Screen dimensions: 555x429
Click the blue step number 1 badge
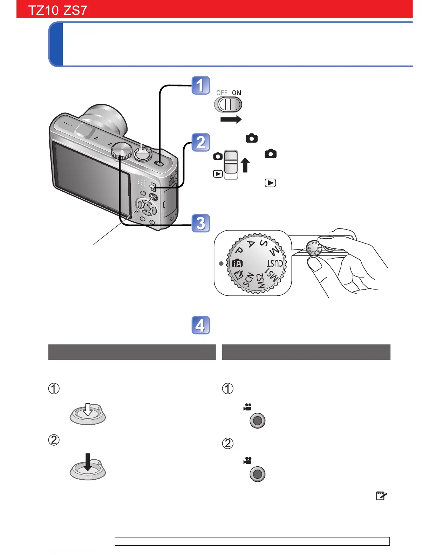pyautogui.click(x=200, y=85)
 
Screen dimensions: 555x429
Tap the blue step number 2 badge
pyautogui.click(x=200, y=143)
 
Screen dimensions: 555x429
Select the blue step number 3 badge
pyautogui.click(x=200, y=223)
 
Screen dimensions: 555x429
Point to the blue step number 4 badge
pyautogui.click(x=200, y=326)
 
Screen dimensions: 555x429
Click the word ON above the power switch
pyautogui.click(x=237, y=93)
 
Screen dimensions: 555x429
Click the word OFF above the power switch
pyautogui.click(x=222, y=93)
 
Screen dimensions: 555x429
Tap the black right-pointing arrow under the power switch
pyautogui.click(x=231, y=119)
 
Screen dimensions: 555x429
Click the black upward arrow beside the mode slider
pyautogui.click(x=245, y=165)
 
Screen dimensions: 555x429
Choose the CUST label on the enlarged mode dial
pyautogui.click(x=275, y=263)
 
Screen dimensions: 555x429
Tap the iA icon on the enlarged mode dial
pyautogui.click(x=237, y=263)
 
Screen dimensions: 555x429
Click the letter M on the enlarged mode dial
pyautogui.click(x=274, y=251)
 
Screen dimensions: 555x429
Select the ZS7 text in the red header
pyautogui.click(x=75, y=10)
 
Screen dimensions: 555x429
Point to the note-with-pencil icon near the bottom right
pyautogui.click(x=381, y=496)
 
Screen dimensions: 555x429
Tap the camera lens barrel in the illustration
pyautogui.click(x=105, y=119)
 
